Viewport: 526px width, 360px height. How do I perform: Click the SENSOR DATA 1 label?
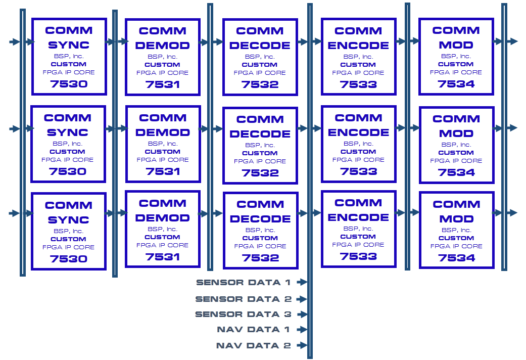pyautogui.click(x=243, y=282)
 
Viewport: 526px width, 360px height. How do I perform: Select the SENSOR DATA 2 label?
pyautogui.click(x=243, y=299)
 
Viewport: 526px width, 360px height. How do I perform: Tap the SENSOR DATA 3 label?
pyautogui.click(x=243, y=314)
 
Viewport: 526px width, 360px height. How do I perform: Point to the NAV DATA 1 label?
pyautogui.click(x=254, y=330)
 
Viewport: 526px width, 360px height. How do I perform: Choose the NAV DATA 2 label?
pyautogui.click(x=254, y=346)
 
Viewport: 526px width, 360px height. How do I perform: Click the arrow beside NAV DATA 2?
pyautogui.click(x=302, y=346)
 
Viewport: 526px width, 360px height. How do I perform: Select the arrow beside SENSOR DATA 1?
pyautogui.click(x=302, y=282)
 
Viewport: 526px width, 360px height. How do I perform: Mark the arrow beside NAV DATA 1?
pyautogui.click(x=302, y=330)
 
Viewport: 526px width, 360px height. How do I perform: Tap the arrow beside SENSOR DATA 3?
pyautogui.click(x=302, y=314)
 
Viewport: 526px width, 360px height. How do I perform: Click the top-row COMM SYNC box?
pyautogui.click(x=69, y=57)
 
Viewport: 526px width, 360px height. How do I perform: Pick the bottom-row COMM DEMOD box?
pyautogui.click(x=162, y=229)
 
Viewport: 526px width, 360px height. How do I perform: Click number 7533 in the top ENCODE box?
pyautogui.click(x=358, y=84)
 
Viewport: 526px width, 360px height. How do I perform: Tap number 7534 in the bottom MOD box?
pyautogui.click(x=456, y=258)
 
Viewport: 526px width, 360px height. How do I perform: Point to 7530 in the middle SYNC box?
pyautogui.click(x=68, y=171)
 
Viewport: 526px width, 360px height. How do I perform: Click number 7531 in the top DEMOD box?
pyautogui.click(x=162, y=84)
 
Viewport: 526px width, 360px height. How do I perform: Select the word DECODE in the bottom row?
pyautogui.click(x=260, y=219)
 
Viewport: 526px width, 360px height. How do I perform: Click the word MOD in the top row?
pyautogui.click(x=456, y=44)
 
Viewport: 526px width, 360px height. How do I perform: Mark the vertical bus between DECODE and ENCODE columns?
pyautogui.click(x=310, y=152)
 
